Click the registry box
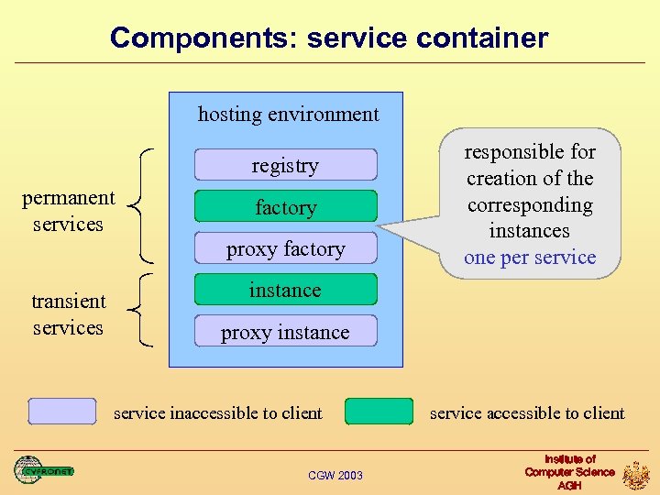tap(285, 165)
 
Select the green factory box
tap(285, 207)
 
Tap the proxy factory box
tap(285, 248)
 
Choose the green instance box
tap(285, 290)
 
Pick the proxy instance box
tap(285, 332)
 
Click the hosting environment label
tap(288, 115)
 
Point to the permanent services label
tap(68, 211)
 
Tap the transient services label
tap(68, 314)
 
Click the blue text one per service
tap(530, 258)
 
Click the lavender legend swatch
tap(61, 412)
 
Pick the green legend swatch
tap(379, 412)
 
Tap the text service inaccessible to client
tap(217, 413)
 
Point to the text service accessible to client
tap(527, 413)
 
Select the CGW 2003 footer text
tap(335, 475)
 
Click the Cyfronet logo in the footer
tap(43, 470)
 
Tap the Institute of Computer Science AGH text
tap(569, 471)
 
